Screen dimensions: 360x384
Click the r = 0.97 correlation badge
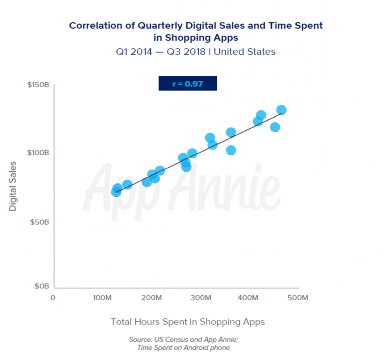click(x=188, y=84)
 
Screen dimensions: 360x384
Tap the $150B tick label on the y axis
click(x=38, y=85)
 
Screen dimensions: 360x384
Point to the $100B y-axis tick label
click(x=38, y=153)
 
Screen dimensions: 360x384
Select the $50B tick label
click(x=40, y=222)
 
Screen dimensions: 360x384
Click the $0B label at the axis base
click(x=41, y=287)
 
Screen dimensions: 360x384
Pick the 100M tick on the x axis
click(x=102, y=298)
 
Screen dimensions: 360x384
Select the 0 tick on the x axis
click(x=53, y=298)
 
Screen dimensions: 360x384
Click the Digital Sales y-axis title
click(x=13, y=186)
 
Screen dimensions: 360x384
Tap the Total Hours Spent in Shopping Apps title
click(x=188, y=322)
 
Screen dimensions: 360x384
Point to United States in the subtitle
click(x=245, y=52)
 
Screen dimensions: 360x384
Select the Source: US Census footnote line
click(x=183, y=339)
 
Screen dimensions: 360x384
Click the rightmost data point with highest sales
click(x=281, y=110)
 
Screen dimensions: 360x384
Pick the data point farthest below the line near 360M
click(x=231, y=150)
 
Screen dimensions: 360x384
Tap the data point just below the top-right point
click(x=275, y=127)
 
